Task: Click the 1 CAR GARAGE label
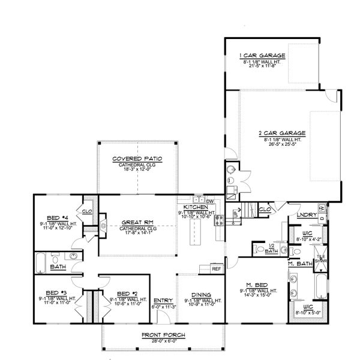pos(263,55)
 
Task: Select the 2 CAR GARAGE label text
pos(281,133)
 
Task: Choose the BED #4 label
pos(59,218)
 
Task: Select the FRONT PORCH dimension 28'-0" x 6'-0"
pos(163,341)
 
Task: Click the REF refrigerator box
pos(217,269)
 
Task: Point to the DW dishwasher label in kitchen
pos(209,201)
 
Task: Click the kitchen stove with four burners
pos(220,219)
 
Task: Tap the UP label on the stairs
pos(236,212)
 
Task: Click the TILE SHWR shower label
pos(320,259)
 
